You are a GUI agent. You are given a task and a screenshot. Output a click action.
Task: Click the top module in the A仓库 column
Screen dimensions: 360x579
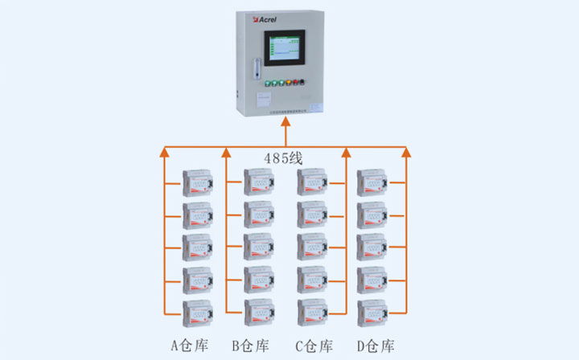point(197,182)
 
